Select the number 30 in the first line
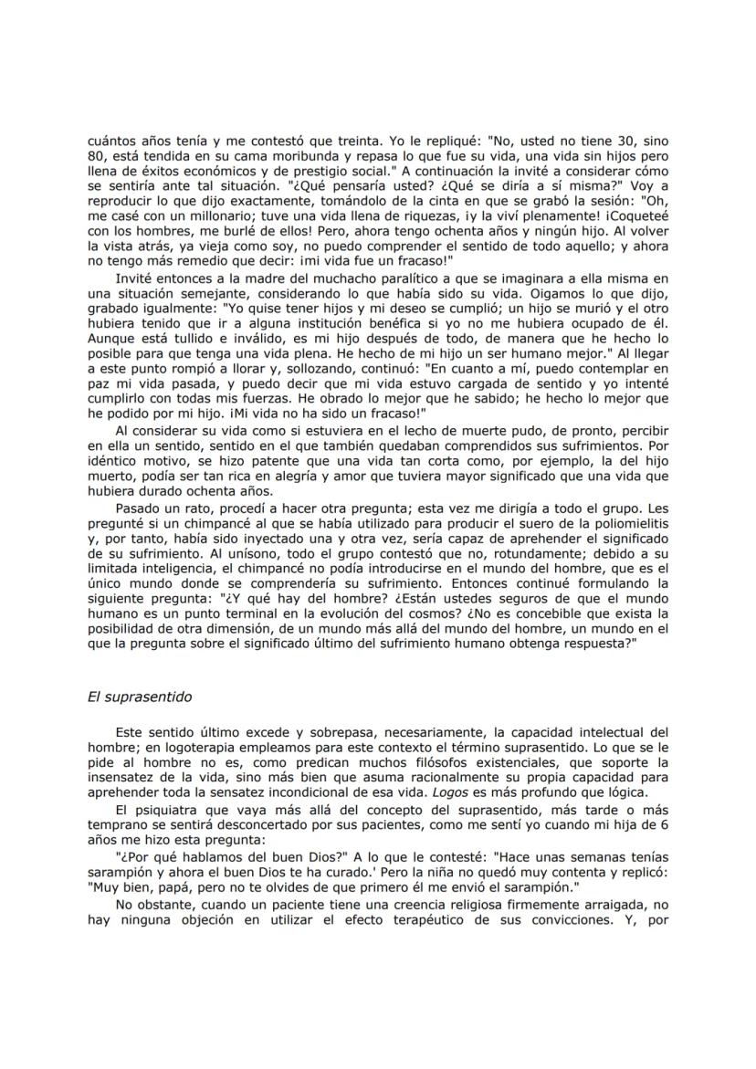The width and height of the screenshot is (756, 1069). (x=624, y=142)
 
